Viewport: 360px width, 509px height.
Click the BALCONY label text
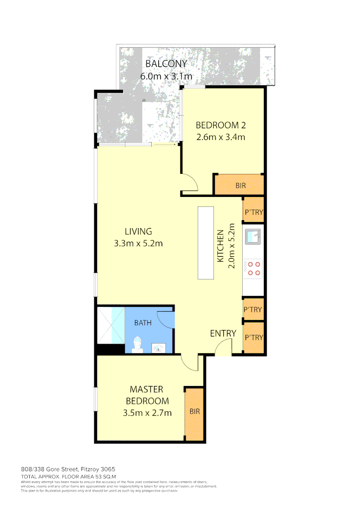coord(166,64)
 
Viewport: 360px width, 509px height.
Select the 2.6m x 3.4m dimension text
coord(221,137)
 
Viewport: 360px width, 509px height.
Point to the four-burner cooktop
coord(254,268)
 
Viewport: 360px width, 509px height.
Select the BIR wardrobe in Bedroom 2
coord(240,185)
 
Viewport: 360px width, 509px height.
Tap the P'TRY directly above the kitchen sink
coord(253,212)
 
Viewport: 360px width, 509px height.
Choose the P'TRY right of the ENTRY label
coord(253,337)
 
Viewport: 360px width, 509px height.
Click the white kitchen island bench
coord(206,243)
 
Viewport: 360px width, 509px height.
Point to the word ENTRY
coord(223,334)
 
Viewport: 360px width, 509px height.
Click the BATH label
coord(143,323)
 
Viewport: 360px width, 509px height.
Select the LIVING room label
coord(138,231)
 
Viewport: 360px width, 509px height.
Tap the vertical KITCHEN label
coord(220,246)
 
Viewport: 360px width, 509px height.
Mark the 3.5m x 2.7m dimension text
coord(147,413)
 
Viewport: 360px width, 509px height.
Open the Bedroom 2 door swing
coord(190,183)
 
